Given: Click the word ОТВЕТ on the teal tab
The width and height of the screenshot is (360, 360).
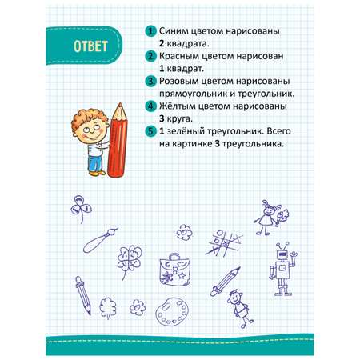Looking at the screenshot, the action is (x=90, y=46).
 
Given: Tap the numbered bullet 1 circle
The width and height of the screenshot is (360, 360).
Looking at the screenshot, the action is (x=150, y=31).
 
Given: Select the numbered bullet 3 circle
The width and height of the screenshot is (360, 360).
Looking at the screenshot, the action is (x=150, y=81).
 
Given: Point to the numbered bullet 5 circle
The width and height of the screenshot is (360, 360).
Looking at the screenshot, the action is (x=150, y=131).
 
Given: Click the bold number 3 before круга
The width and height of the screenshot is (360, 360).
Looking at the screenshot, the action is (x=162, y=118).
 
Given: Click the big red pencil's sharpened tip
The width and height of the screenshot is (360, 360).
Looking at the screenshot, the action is (x=120, y=104).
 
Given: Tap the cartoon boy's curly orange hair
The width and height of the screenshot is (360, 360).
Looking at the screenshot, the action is (x=88, y=118).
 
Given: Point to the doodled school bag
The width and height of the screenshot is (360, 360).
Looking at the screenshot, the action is (x=175, y=270).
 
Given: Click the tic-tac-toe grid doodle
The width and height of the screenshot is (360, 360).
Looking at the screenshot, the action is (x=224, y=243).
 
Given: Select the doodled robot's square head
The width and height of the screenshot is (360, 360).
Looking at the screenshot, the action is (x=282, y=255).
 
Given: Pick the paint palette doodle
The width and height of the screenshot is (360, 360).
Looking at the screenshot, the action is (x=172, y=311).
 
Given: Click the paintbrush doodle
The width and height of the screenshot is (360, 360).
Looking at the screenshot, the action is (x=100, y=240).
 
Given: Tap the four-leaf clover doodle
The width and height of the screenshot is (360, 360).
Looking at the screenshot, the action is (x=129, y=262).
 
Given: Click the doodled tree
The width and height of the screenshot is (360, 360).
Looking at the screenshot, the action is (x=108, y=308).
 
